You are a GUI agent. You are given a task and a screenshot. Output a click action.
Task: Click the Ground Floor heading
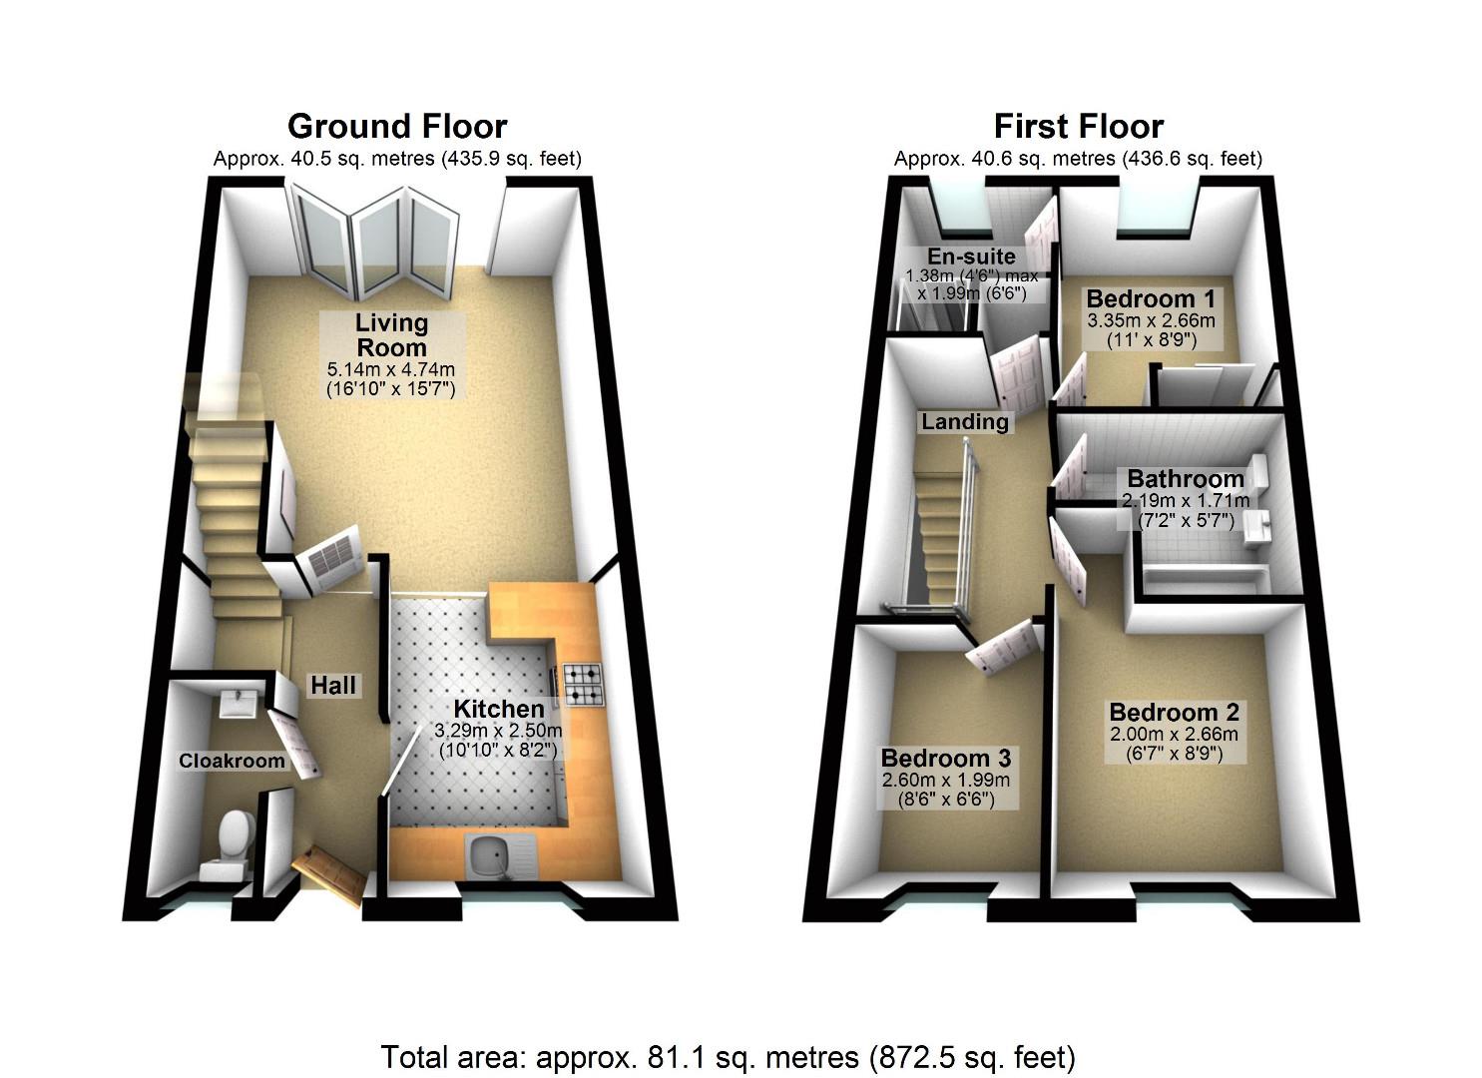pos(397,127)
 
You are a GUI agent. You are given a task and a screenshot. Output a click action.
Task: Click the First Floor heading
pos(1078,127)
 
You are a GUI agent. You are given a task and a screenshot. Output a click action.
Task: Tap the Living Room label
pos(391,335)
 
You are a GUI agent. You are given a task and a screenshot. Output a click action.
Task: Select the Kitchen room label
pos(499,709)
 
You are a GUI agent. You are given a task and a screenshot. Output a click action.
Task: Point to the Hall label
pos(333,685)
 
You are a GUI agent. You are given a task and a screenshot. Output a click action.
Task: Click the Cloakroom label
pos(232,761)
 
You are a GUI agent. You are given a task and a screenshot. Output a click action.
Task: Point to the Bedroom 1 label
pos(1151,298)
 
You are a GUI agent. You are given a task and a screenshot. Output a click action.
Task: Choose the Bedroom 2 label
pos(1174,712)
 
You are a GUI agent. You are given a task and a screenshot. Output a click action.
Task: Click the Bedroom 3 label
pos(945,757)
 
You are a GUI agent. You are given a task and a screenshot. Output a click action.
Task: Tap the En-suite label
pos(970,256)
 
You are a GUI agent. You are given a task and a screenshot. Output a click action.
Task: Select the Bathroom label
pos(1186,478)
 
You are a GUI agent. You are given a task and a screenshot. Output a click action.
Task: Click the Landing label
pos(964,421)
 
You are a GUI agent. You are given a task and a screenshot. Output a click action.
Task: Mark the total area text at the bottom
pos(728,1056)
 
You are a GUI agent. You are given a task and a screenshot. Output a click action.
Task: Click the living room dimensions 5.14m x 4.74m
pos(391,370)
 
